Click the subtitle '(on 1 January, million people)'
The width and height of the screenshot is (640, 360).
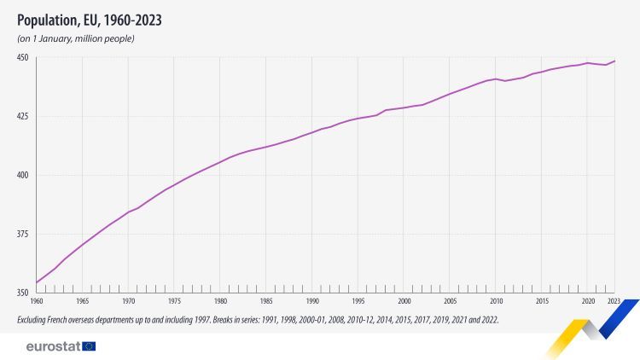pos(76,39)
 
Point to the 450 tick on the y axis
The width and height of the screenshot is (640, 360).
pos(23,58)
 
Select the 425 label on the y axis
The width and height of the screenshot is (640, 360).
pos(23,117)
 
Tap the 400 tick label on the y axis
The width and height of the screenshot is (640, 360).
pos(23,176)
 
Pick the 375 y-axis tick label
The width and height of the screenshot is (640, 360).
pos(23,235)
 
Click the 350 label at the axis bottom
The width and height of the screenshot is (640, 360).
pos(23,293)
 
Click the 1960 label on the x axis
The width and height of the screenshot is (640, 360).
pos(37,302)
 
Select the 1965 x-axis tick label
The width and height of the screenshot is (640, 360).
pos(83,302)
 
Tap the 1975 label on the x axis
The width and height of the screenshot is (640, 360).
pos(174,302)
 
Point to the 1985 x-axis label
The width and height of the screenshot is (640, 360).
pos(266,302)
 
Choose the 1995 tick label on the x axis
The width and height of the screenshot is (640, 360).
pos(358,302)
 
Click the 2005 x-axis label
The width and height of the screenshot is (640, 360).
pos(450,302)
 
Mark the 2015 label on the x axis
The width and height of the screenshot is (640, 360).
pos(542,302)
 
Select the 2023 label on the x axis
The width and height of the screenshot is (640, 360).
pos(614,302)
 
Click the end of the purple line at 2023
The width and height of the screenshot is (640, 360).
pos(615,61)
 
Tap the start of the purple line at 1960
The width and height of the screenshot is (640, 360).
pos(37,282)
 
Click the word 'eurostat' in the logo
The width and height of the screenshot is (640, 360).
pos(53,345)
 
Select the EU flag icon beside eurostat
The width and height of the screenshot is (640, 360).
pos(89,345)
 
